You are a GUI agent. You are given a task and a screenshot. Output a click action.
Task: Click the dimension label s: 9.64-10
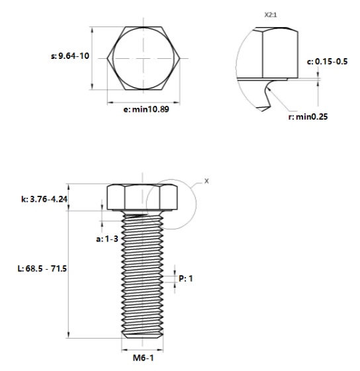[69, 56]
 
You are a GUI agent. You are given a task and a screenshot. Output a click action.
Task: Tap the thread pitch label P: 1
[186, 279]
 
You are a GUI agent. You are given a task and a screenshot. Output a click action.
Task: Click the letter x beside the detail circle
[206, 180]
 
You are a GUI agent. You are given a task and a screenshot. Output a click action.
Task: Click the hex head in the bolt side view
[143, 197]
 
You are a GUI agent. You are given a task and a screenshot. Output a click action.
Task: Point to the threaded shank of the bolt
[144, 271]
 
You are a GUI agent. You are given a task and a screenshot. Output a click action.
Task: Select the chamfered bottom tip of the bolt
[144, 335]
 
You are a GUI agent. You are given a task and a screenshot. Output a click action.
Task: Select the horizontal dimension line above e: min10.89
[144, 101]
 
